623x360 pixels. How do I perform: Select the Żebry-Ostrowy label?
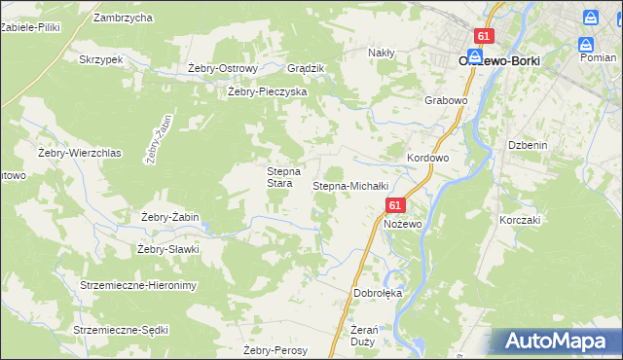coord(222,69)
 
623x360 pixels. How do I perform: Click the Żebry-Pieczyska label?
coord(267,91)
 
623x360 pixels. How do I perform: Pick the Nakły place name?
coord(382,53)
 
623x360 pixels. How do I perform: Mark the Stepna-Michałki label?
coord(350,185)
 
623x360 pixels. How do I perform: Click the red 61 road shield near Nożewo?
coord(395,206)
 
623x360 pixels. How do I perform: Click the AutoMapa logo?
coord(555,342)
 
